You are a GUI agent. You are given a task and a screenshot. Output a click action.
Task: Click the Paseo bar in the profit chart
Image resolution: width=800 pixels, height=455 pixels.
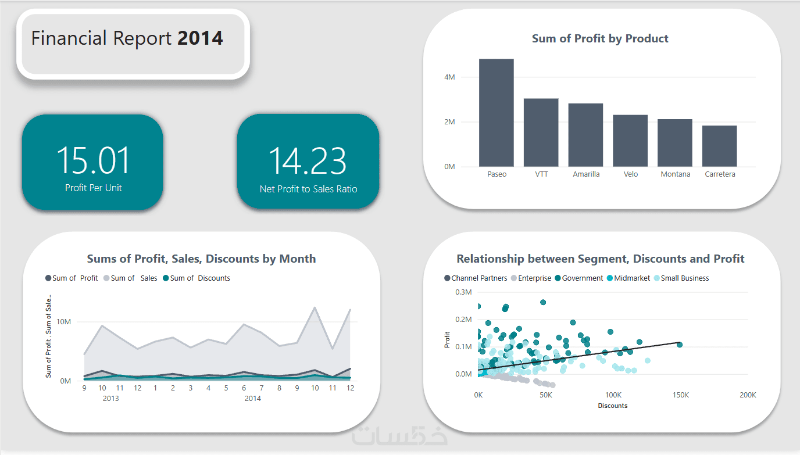(496, 113)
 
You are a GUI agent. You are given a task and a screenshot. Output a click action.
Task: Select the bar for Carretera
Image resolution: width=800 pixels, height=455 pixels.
(719, 146)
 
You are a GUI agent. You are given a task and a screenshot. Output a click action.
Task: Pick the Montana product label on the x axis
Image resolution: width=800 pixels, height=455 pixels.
(676, 174)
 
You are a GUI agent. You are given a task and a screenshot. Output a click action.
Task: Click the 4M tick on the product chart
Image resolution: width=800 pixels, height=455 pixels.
(449, 77)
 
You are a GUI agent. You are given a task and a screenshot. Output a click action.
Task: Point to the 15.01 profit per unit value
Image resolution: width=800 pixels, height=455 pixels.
(93, 161)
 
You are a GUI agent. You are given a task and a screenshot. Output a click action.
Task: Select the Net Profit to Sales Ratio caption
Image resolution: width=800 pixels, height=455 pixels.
(308, 189)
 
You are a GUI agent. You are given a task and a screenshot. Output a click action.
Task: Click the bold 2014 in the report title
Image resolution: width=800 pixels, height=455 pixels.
(200, 38)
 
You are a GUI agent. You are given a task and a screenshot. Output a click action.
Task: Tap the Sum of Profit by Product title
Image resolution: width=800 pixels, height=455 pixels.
(600, 39)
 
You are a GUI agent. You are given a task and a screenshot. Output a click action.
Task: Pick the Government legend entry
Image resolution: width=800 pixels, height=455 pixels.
(582, 278)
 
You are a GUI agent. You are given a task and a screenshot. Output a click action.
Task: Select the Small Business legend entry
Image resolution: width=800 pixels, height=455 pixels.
(684, 278)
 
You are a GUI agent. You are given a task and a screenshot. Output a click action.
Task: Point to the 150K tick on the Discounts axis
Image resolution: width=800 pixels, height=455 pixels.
(680, 395)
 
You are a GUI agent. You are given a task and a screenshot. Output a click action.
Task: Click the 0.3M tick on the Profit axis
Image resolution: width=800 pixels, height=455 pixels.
(463, 292)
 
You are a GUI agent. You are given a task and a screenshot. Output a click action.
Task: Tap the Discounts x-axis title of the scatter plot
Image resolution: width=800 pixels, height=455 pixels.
(613, 406)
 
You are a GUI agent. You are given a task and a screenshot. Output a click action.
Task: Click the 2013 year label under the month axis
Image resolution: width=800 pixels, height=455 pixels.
(111, 399)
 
